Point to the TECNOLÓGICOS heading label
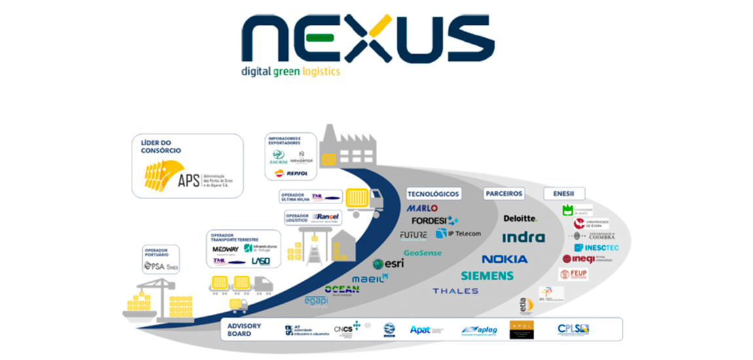coord(433,194)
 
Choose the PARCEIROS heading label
coord(504,194)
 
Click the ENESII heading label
coord(564,194)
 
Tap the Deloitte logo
coord(520,218)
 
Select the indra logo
coord(523,237)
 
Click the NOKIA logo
coord(505,259)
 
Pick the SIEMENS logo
coord(487,276)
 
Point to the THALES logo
coord(455,291)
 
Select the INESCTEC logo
coord(597,248)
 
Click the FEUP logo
coord(574,274)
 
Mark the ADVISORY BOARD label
coord(244,329)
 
